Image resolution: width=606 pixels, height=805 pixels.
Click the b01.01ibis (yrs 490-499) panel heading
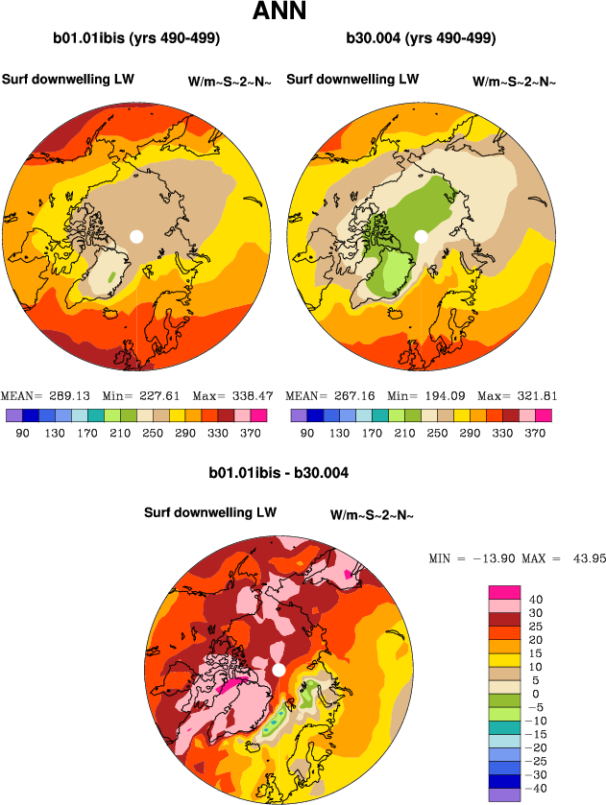[137, 39]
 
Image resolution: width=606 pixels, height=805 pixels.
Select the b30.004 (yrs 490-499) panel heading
[421, 39]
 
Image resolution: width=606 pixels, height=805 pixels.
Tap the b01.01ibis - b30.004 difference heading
[279, 473]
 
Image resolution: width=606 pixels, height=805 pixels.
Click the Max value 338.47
[240, 395]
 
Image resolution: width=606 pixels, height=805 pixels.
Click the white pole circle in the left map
[136, 236]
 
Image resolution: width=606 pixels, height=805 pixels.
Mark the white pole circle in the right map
[421, 236]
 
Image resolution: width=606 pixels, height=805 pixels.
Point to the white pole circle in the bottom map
[279, 670]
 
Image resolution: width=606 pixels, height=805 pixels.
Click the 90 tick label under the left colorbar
[20, 433]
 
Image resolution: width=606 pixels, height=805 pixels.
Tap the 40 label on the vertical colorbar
[536, 600]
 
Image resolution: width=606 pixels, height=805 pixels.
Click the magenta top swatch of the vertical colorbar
[504, 592]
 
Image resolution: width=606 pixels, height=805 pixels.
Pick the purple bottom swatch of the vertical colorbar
[504, 794]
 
